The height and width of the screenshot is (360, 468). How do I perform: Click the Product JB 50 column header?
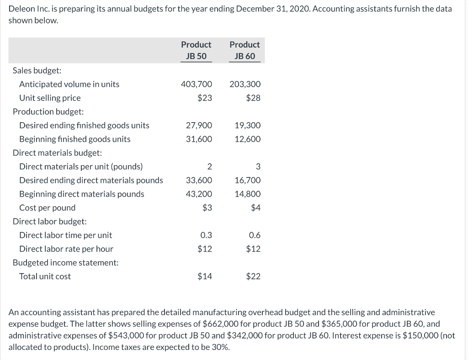pos(196,50)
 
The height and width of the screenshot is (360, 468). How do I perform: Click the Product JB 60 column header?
pos(245,50)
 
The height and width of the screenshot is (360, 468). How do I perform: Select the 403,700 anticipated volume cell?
pos(197,84)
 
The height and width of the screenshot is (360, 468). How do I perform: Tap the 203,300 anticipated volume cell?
pos(245,84)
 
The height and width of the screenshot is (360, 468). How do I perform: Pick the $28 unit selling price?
pos(253,98)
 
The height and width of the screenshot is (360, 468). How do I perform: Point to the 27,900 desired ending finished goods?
pos(199,125)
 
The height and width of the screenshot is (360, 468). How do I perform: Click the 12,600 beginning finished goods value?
pos(247,139)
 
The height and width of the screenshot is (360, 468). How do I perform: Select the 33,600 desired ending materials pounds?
pos(199,180)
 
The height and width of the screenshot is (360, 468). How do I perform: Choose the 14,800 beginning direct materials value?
pos(247,194)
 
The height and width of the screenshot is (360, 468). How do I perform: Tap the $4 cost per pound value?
pos(255,208)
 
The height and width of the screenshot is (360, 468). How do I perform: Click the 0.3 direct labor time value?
pos(206,235)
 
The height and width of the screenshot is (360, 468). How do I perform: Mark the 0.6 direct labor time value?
pos(255,235)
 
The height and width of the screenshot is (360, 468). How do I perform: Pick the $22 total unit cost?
pos(253,276)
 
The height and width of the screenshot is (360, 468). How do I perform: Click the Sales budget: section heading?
pos(37,70)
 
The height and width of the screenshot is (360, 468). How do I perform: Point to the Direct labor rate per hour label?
pos(66,249)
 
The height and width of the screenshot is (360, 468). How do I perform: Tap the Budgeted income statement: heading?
pos(65,263)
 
